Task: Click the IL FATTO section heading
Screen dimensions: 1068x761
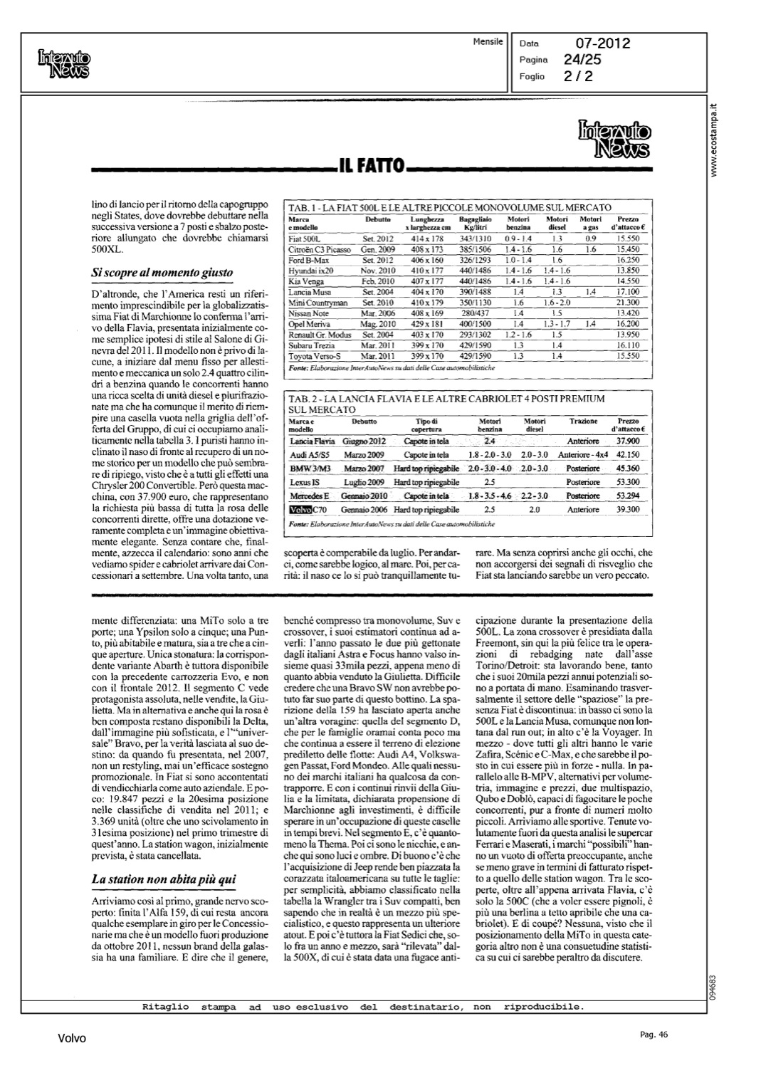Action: click(x=371, y=168)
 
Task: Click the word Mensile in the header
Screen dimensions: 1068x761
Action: click(x=488, y=42)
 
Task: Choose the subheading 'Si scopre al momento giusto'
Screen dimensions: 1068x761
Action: click(x=163, y=272)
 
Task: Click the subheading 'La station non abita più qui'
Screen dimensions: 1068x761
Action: click(x=164, y=880)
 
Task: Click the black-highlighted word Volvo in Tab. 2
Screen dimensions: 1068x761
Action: click(x=302, y=509)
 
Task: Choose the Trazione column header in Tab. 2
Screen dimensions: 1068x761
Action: click(x=583, y=422)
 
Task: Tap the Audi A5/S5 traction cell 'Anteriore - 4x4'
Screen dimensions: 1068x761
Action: click(x=583, y=455)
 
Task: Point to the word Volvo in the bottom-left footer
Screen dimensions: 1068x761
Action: click(x=72, y=1039)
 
